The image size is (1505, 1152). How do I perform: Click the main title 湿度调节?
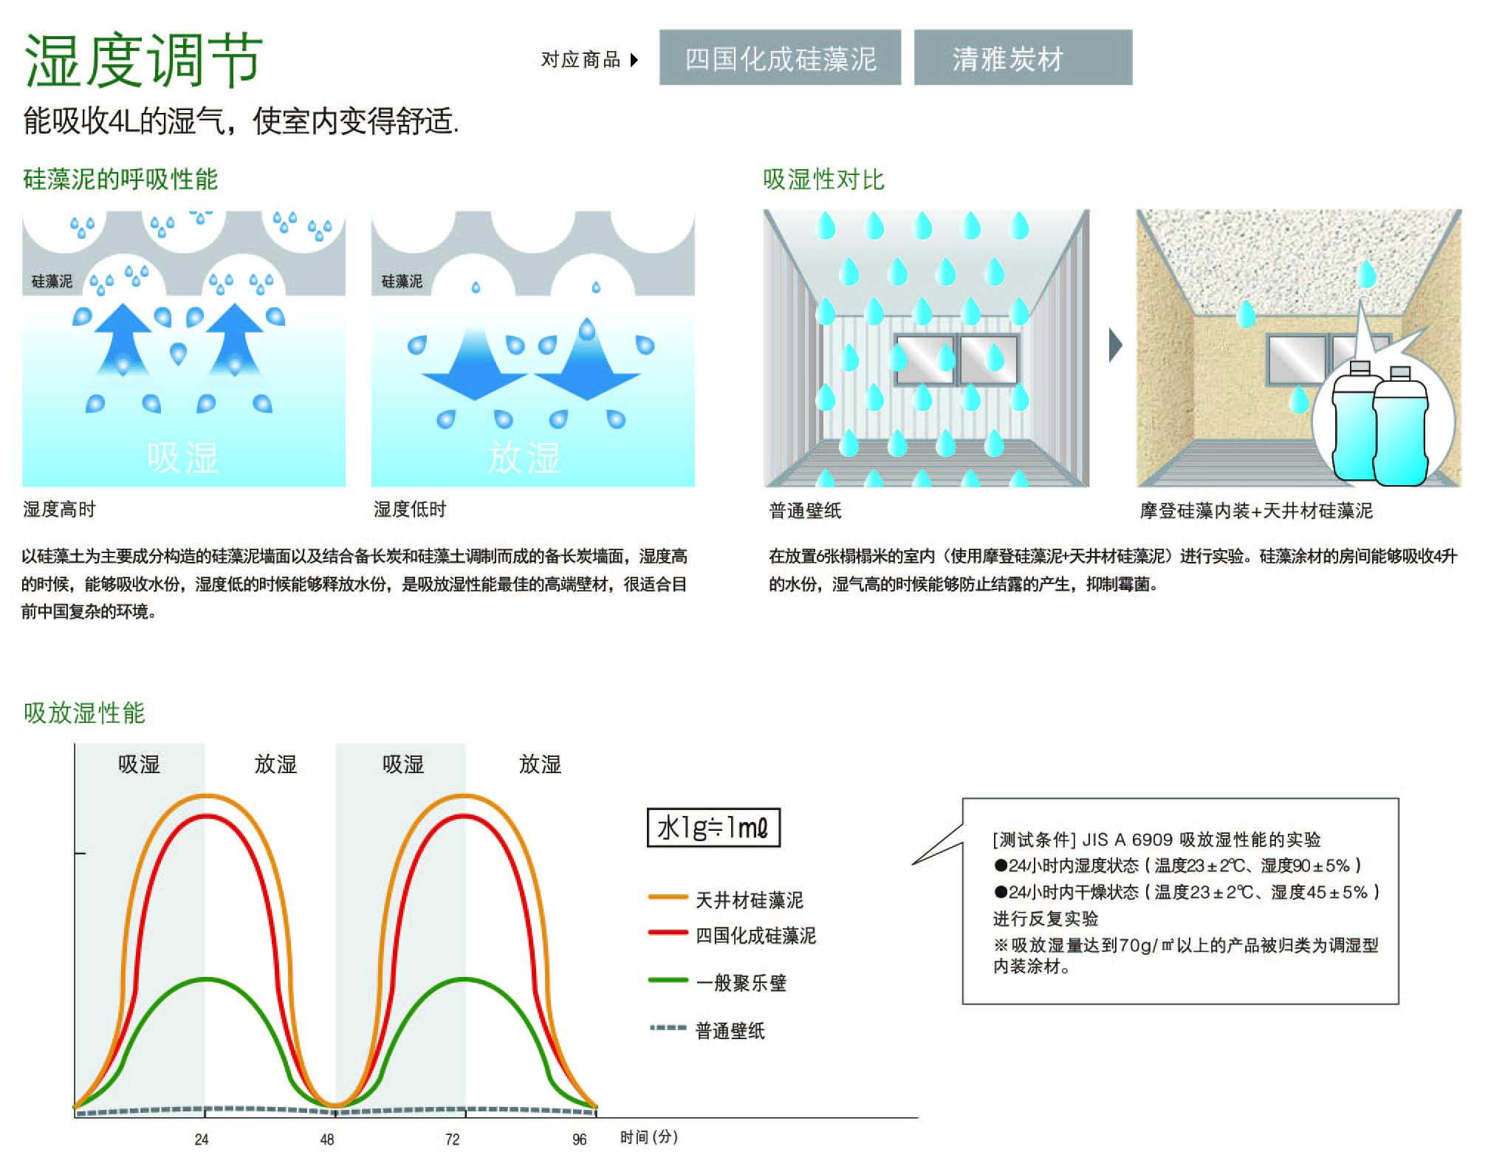[x=143, y=59]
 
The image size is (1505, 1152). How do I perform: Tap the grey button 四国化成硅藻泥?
[x=780, y=58]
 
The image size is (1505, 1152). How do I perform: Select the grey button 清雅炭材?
[x=1022, y=58]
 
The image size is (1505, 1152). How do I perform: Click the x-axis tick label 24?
[x=202, y=1139]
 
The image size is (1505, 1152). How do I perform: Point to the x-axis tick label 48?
[x=327, y=1139]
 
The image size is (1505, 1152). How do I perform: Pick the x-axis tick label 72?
[x=453, y=1139]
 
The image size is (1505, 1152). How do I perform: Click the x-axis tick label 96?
[x=580, y=1139]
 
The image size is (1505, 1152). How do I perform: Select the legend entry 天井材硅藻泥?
[x=749, y=899]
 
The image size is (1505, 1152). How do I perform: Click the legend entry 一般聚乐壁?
[x=741, y=983]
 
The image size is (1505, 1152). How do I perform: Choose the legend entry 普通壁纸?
[x=730, y=1030]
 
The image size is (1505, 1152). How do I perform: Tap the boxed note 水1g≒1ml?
[x=713, y=828]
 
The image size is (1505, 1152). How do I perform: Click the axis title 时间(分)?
[x=648, y=1137]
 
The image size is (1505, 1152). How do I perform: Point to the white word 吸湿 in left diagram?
[x=182, y=458]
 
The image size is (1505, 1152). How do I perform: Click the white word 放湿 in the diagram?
[x=524, y=458]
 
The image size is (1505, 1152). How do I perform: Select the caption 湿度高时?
[x=59, y=509]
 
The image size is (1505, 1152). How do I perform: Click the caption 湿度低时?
[x=410, y=509]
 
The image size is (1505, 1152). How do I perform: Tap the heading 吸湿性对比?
[x=823, y=179]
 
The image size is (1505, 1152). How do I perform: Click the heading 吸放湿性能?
[x=84, y=713]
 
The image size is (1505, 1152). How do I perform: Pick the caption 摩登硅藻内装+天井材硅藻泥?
[x=1255, y=510]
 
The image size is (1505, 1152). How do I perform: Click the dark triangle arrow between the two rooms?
[x=1116, y=345]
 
